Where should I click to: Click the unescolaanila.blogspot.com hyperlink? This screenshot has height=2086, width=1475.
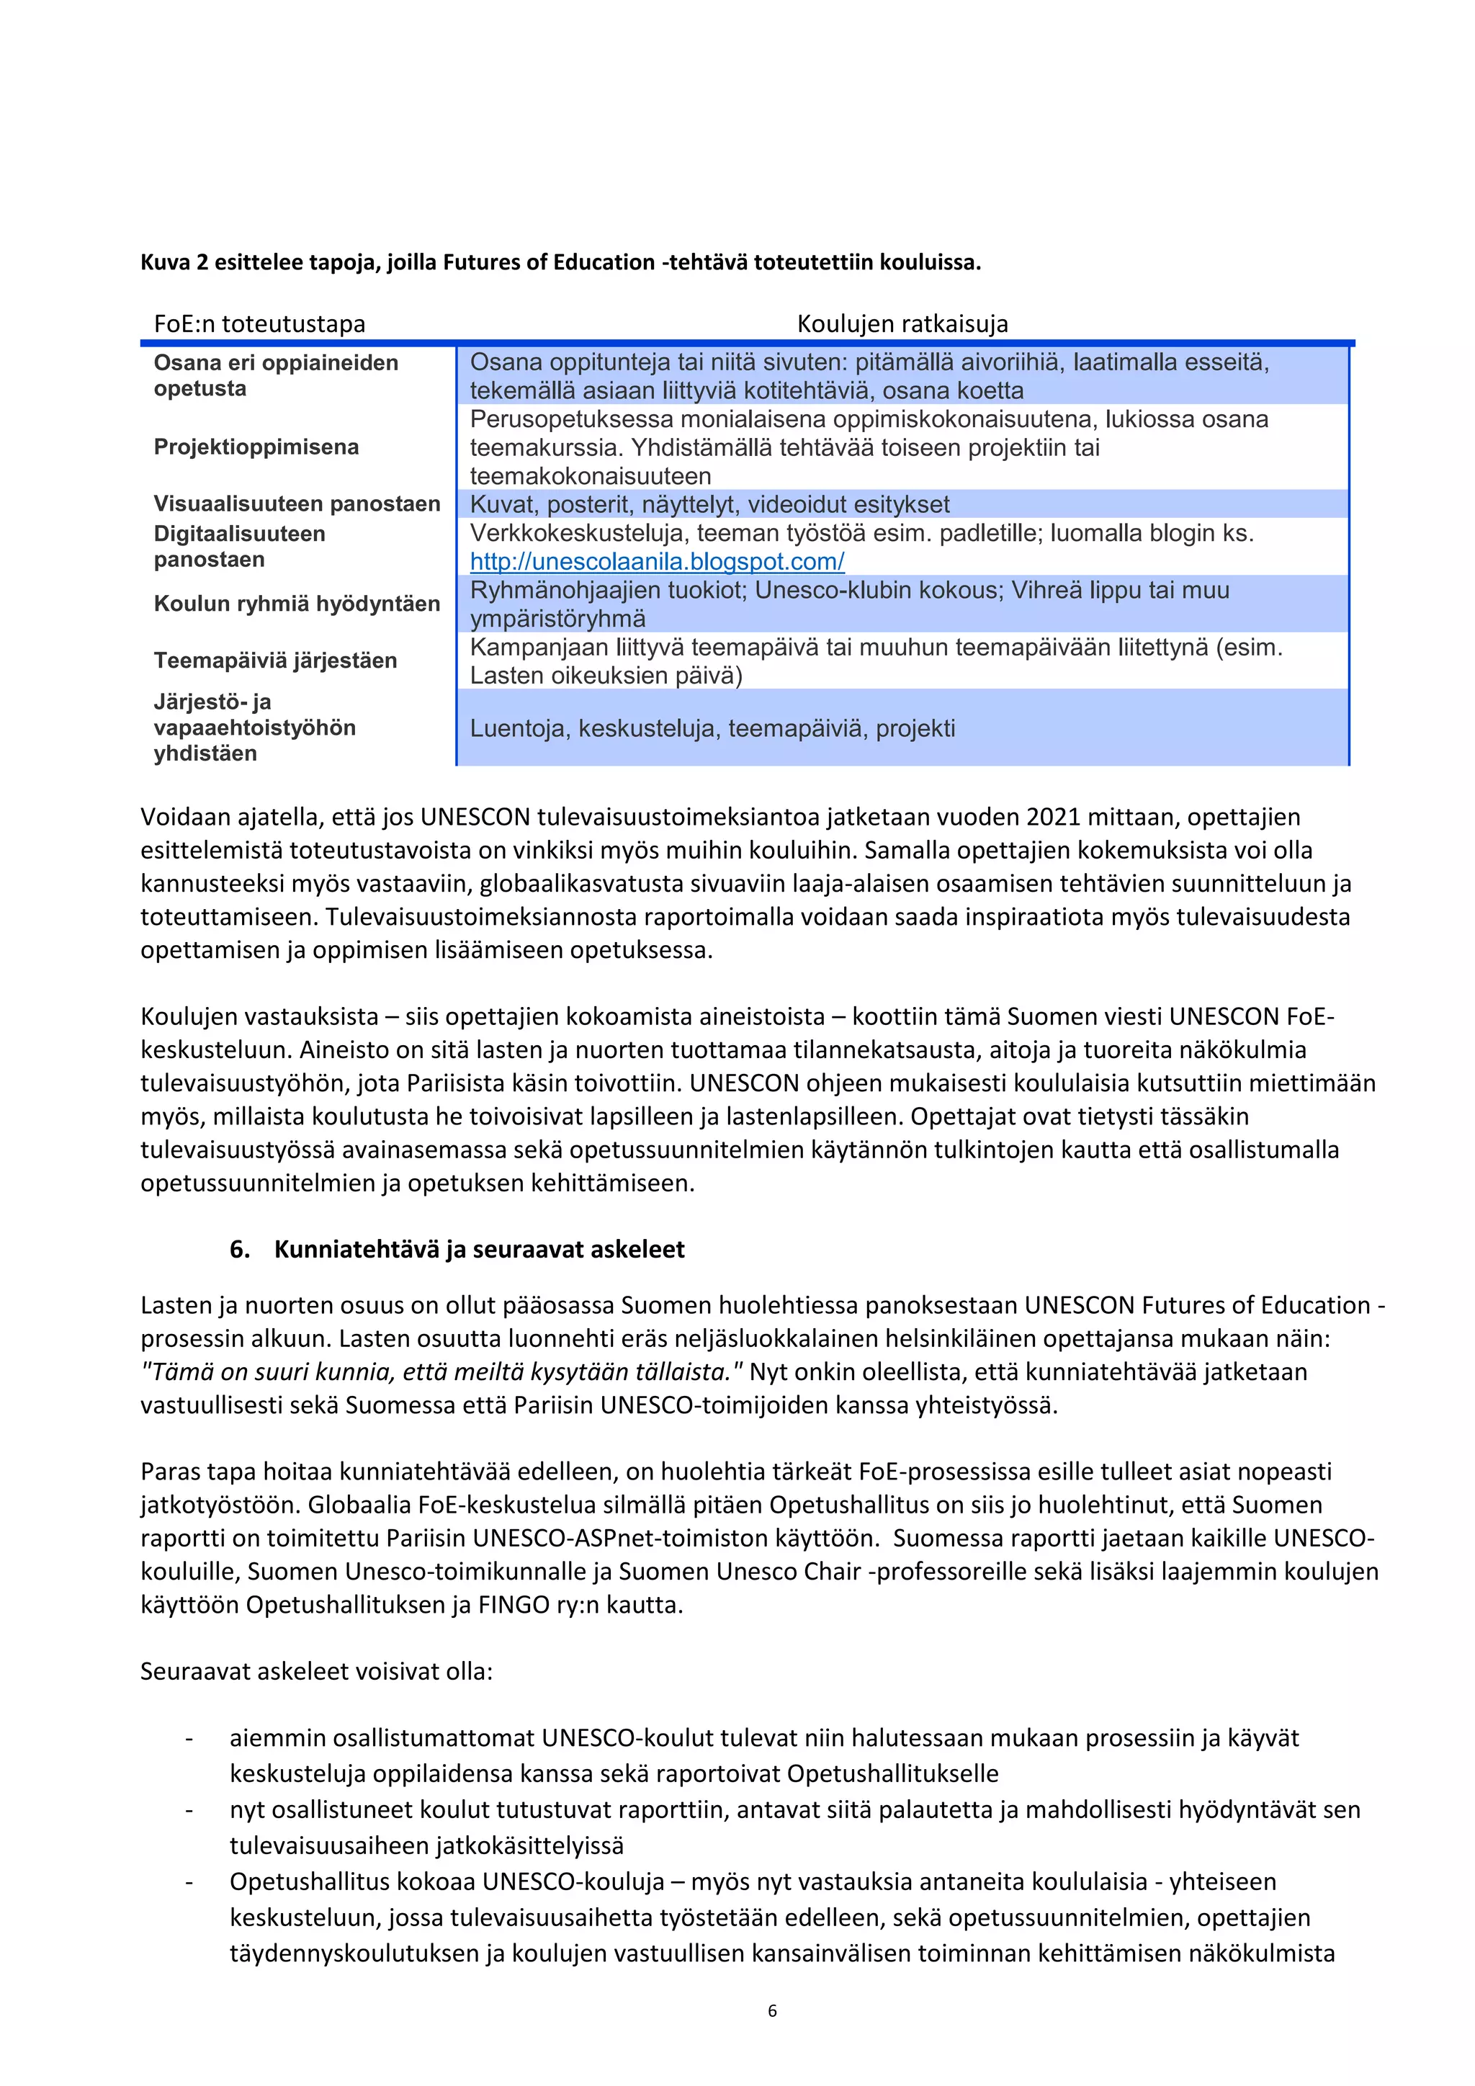tap(657, 561)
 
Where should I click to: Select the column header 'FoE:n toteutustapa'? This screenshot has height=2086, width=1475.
tap(260, 323)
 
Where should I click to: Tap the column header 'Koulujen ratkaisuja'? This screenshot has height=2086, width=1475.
tap(902, 323)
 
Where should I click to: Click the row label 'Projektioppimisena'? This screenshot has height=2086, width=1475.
tap(256, 447)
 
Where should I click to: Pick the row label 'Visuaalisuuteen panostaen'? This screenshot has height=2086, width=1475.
tap(296, 503)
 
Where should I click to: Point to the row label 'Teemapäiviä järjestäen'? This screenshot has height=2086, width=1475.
tap(275, 661)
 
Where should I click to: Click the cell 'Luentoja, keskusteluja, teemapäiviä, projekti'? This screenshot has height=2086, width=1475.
tap(712, 729)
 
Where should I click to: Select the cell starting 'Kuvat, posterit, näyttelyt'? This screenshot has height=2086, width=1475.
tap(709, 504)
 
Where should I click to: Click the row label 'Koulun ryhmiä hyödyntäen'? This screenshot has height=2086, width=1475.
tap(296, 604)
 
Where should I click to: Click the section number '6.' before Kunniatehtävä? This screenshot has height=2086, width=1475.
tap(240, 1249)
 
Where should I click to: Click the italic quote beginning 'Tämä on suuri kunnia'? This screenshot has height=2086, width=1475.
tap(442, 1372)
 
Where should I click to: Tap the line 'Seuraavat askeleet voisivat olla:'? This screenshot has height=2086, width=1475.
tap(316, 1672)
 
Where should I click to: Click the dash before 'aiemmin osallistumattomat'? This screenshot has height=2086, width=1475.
tap(189, 1738)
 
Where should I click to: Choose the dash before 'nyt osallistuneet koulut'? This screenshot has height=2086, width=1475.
tap(189, 1810)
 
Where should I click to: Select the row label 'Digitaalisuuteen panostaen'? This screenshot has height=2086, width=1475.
tap(239, 546)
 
